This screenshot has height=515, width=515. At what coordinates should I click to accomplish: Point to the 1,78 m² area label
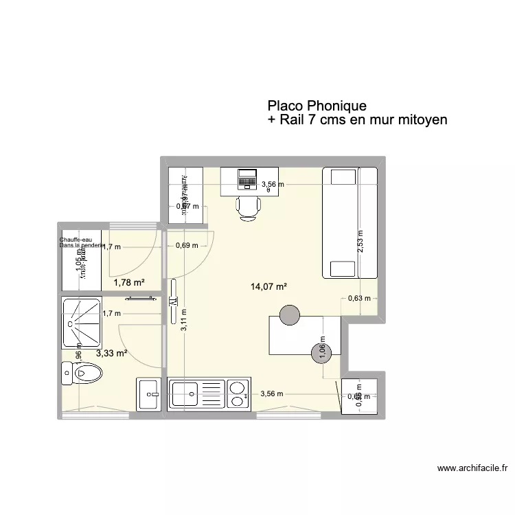pos(129,282)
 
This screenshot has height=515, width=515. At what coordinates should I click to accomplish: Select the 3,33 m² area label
pos(112,353)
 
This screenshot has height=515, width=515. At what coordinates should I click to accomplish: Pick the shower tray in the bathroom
pos(82,322)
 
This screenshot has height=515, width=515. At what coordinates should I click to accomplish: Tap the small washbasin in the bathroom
pos(150,395)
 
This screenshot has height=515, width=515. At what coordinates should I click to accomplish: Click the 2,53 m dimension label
pos(361,242)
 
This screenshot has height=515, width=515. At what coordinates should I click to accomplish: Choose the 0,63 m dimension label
pos(358,298)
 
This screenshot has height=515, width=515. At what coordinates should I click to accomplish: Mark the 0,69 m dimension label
pos(186,245)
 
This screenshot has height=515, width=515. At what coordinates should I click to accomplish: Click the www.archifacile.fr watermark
pos(472,470)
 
